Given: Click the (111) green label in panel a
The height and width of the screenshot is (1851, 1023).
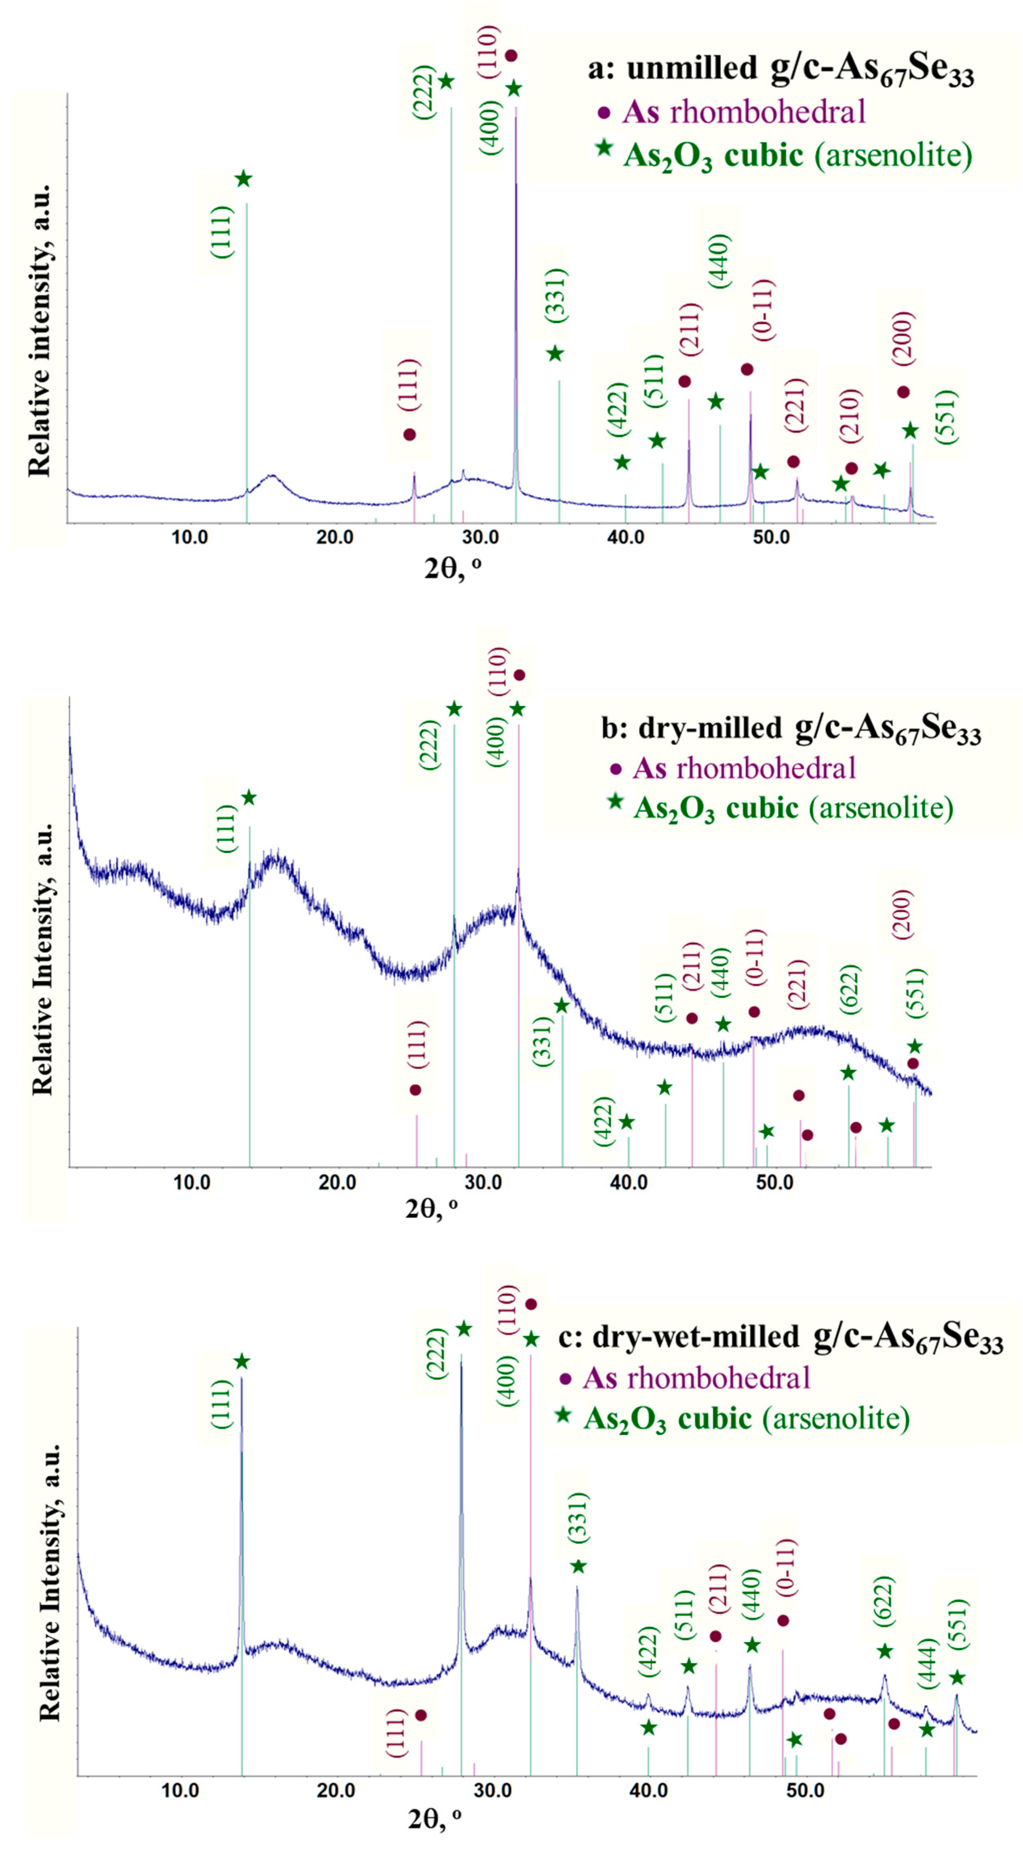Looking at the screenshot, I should tap(222, 231).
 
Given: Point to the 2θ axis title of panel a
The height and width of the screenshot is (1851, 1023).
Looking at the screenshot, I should tap(453, 568).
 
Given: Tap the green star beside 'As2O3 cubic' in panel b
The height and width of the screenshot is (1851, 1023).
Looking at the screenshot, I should tap(615, 801).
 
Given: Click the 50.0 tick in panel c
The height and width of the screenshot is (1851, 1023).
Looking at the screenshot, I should tap(805, 1790).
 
